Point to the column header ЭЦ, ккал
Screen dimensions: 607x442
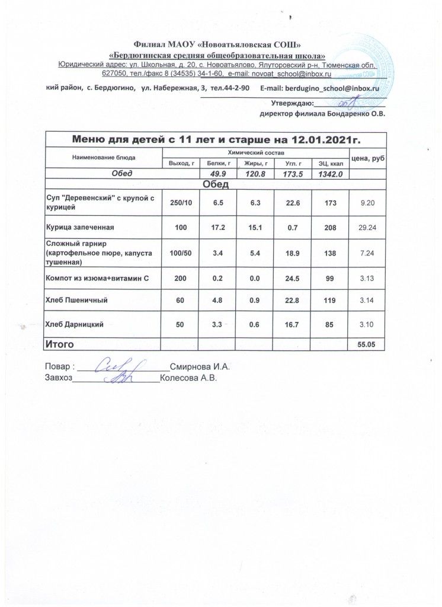(329, 162)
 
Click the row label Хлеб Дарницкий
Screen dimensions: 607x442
(75, 324)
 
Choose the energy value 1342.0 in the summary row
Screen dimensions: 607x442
(329, 173)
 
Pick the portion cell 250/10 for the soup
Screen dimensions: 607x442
(180, 202)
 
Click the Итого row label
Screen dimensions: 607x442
(62, 343)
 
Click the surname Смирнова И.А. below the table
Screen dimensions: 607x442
(199, 366)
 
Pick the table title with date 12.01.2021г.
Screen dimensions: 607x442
(216, 140)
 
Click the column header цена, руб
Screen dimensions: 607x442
(368, 157)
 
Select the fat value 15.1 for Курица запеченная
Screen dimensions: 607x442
(253, 226)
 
